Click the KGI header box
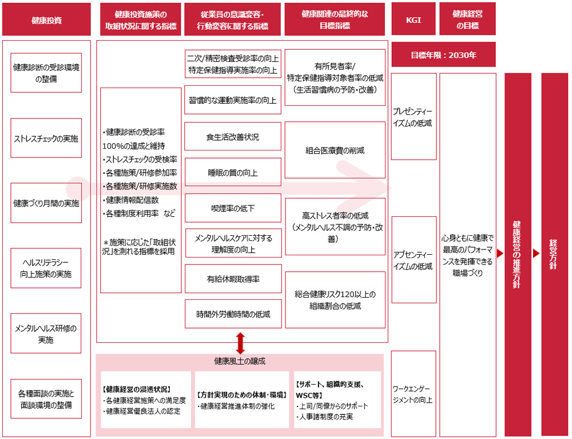[x=413, y=19]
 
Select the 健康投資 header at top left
[x=46, y=19]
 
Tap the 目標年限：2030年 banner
[x=443, y=56]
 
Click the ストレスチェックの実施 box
[x=46, y=139]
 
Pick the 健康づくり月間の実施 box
[x=46, y=203]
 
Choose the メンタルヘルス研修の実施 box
[x=46, y=333]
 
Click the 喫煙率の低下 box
[x=233, y=208]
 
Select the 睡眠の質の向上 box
[x=233, y=172]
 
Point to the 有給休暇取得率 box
[x=233, y=279]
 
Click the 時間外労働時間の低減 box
[x=233, y=314]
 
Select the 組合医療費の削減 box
[x=335, y=151]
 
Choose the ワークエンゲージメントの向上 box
[x=414, y=394]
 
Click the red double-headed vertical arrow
[x=240, y=343]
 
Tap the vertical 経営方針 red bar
[x=554, y=254]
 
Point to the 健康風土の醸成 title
[x=240, y=361]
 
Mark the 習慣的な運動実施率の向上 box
[x=233, y=100]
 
